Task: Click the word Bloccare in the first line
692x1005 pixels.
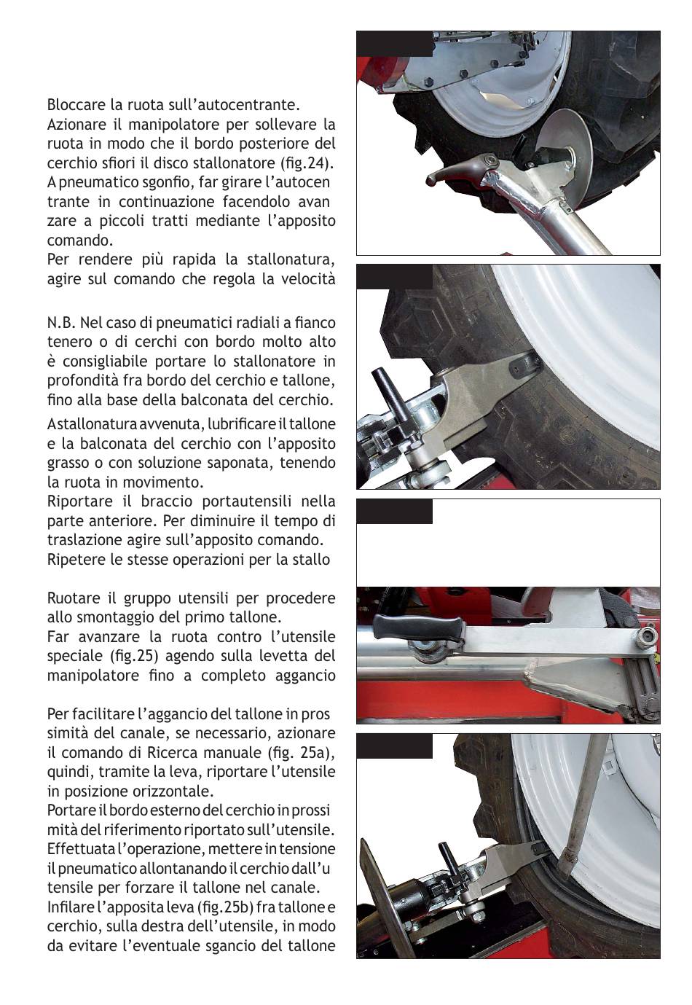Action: pyautogui.click(x=74, y=105)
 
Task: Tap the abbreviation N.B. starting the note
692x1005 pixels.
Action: pyautogui.click(x=60, y=322)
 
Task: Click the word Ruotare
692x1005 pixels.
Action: pyautogui.click(x=74, y=598)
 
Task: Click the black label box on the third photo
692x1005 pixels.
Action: pyautogui.click(x=394, y=512)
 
